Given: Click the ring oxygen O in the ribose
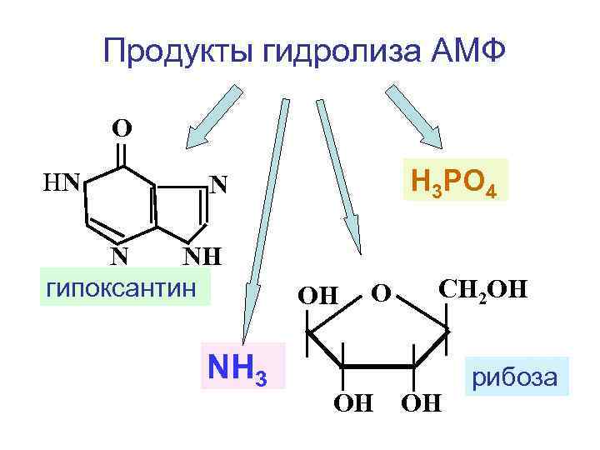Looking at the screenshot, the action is coord(382,294).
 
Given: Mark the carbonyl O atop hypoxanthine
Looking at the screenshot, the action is coord(122,129).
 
